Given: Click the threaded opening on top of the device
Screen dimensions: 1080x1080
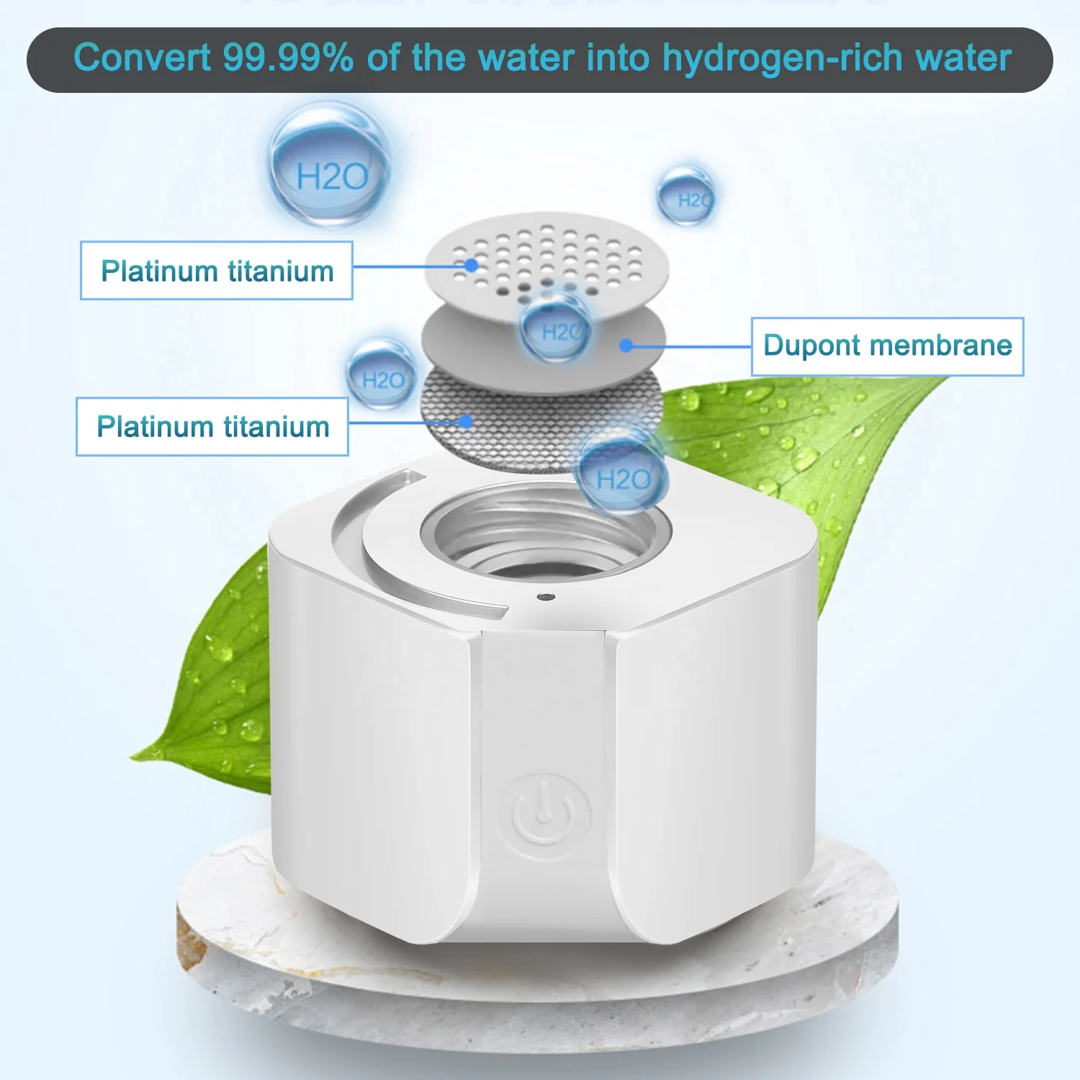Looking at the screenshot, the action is [x=545, y=534].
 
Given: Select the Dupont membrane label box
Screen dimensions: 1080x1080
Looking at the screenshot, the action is [x=887, y=346].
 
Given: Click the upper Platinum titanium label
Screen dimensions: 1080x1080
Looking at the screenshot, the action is [x=217, y=271].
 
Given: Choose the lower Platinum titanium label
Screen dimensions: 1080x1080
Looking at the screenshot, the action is [x=212, y=426].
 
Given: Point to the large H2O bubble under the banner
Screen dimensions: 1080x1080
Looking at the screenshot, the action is [x=330, y=165].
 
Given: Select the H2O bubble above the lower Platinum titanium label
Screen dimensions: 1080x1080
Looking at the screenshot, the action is [x=382, y=377].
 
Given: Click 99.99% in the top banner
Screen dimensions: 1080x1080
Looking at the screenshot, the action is [x=288, y=58].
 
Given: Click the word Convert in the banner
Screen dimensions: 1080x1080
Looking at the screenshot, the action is [x=142, y=58].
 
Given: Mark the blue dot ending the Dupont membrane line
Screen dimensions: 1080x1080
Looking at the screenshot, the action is [x=626, y=346].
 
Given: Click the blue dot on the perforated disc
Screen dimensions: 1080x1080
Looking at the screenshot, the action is [x=471, y=265].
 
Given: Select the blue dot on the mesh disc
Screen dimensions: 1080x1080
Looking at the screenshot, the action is [x=467, y=421].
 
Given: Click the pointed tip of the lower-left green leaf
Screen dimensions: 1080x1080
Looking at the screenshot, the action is [x=131, y=757].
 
